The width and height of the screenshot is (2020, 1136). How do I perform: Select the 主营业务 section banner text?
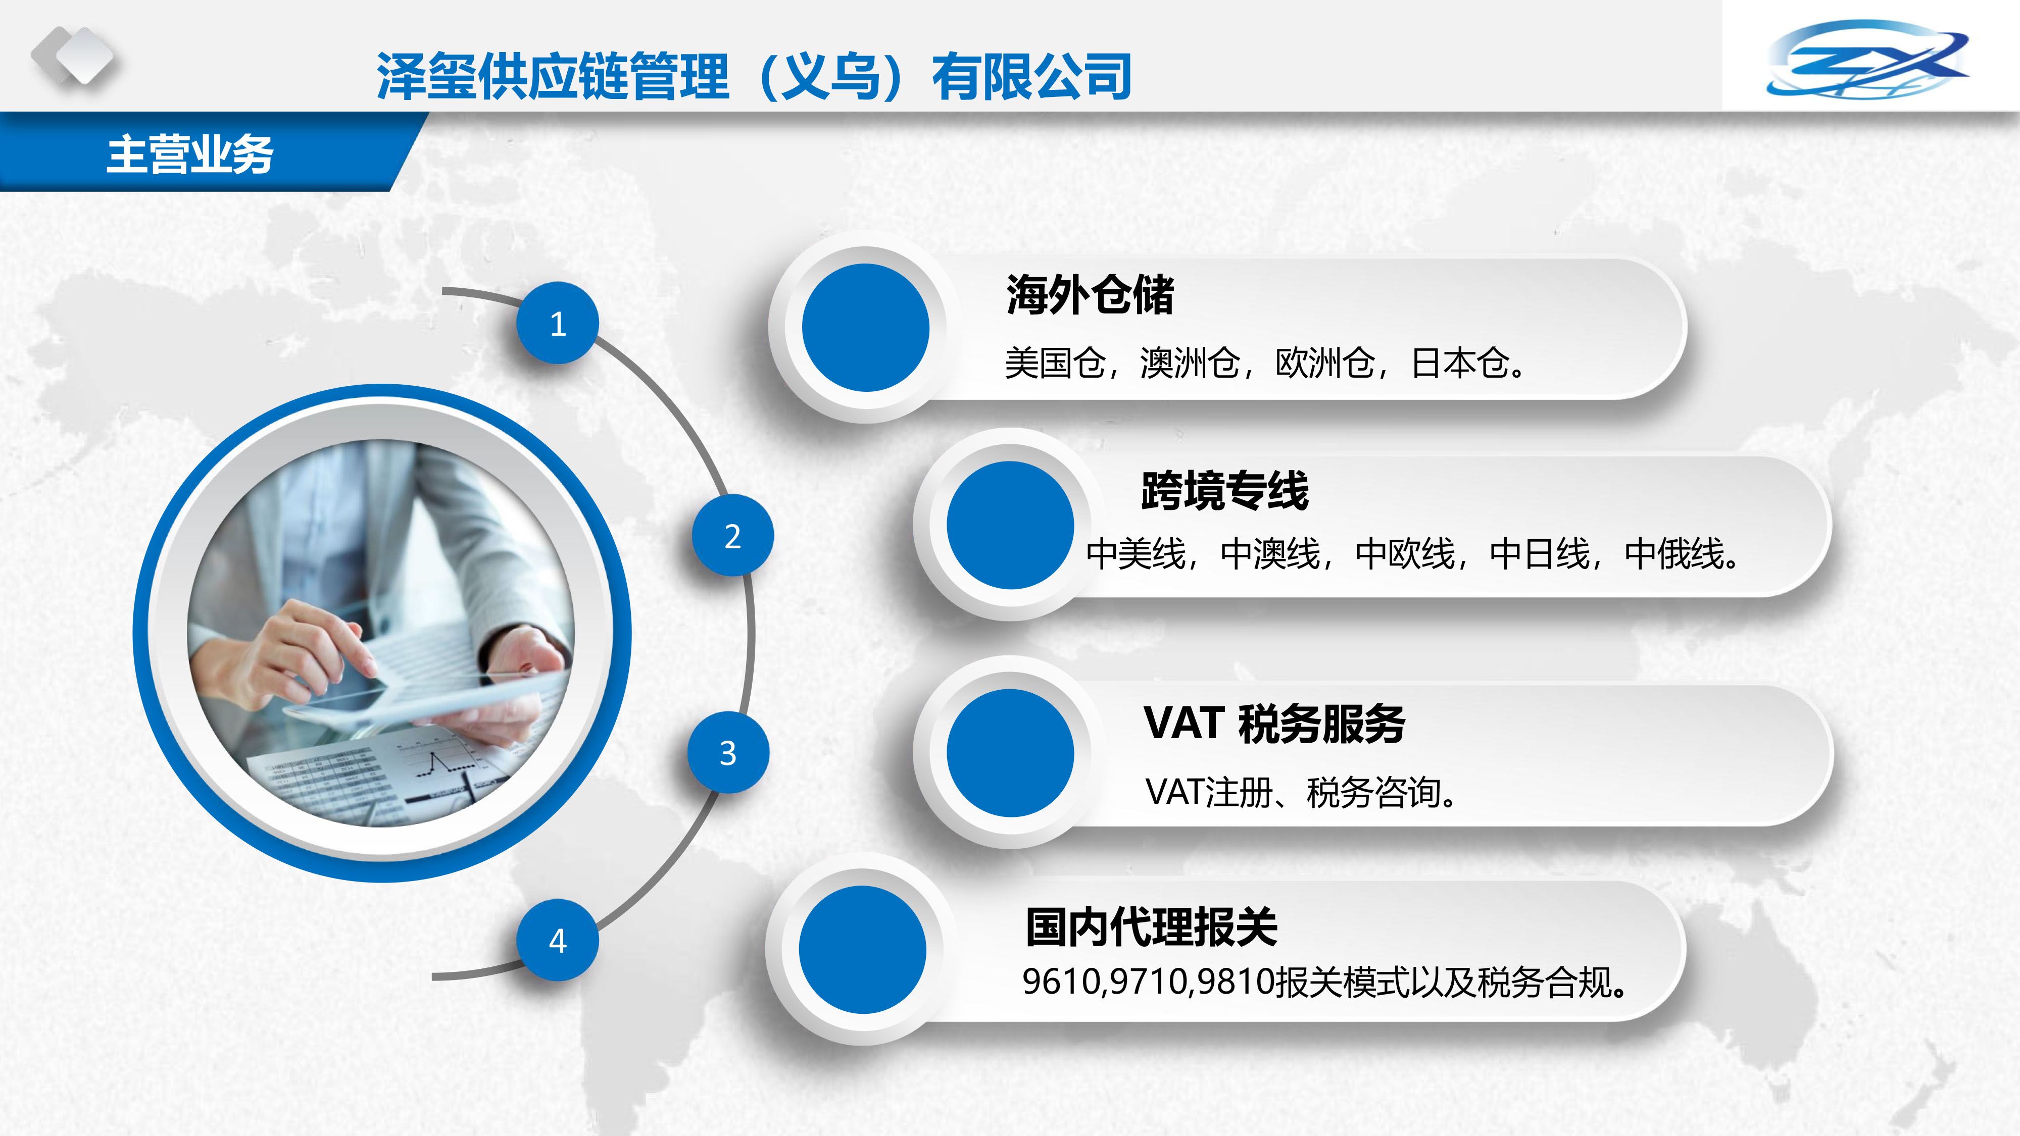(x=190, y=153)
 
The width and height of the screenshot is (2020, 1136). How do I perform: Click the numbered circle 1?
(x=558, y=323)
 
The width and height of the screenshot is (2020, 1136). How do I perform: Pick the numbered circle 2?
(x=732, y=536)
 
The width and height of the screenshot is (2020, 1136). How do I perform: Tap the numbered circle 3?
(x=728, y=753)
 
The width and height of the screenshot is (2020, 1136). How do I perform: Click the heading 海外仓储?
(x=1090, y=295)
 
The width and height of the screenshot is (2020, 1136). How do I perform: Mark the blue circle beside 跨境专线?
(x=1010, y=525)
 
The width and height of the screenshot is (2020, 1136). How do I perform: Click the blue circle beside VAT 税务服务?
(x=1010, y=753)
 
